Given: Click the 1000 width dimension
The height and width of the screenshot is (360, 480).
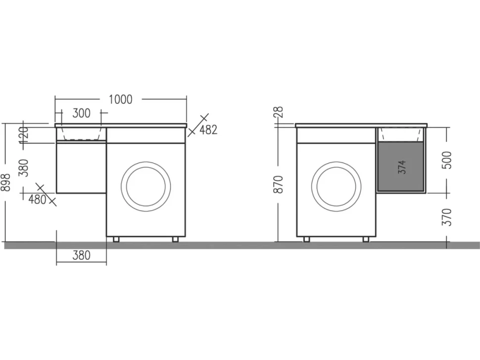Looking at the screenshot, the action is pos(121,99).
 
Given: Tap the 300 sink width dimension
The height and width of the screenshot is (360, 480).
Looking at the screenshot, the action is pos(82,113).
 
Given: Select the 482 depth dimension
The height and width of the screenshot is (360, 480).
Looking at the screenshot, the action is pos(208,130).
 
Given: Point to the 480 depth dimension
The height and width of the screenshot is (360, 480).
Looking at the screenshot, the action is pos(37,200).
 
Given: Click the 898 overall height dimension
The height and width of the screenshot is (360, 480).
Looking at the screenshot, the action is pos(6,182).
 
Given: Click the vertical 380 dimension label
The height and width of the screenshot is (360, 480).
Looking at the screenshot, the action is pos(24,168).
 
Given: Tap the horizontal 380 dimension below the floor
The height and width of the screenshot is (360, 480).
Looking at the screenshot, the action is pos(82,255).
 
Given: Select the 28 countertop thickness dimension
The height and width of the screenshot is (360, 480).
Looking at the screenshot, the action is pos(279,112).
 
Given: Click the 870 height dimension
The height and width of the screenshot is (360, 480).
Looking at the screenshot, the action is pos(279,184).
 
